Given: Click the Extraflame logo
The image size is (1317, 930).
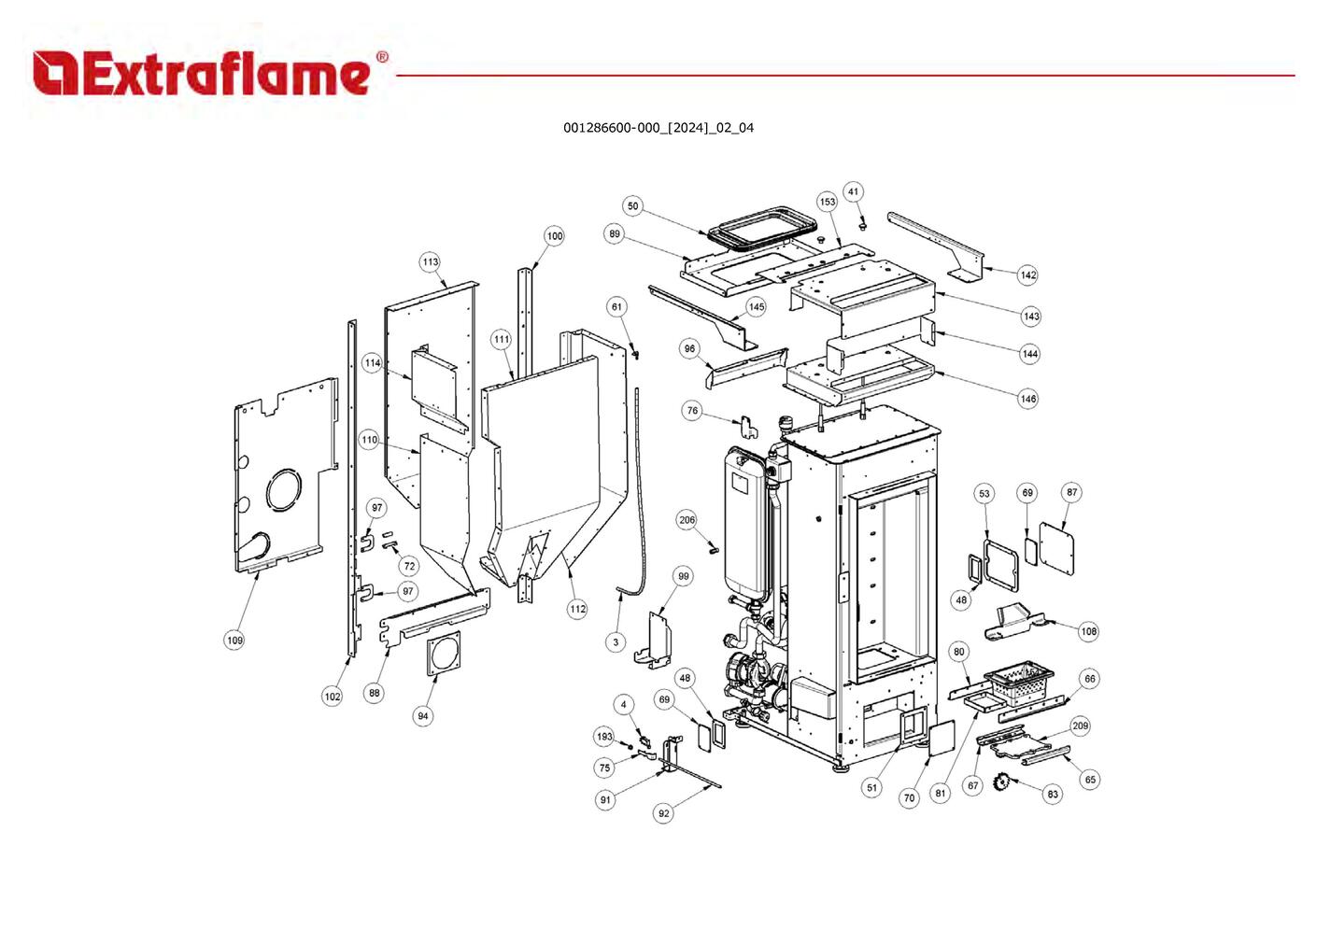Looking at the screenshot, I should tap(201, 74).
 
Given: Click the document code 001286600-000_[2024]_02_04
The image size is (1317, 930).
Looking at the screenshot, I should tap(658, 128).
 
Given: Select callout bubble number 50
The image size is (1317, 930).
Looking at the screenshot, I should tap(633, 206).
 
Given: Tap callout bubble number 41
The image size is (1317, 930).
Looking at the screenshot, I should tap(853, 192).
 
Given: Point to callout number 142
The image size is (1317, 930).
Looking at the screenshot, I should tap(1027, 275).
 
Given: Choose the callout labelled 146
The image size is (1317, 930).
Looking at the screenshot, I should tap(1027, 399).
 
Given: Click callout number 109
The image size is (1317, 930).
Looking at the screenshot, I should tap(234, 640).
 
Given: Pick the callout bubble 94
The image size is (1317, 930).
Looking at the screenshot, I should tap(423, 716).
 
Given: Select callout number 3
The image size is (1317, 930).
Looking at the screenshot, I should tap(616, 642).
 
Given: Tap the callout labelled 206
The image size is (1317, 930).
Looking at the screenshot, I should tap(687, 520).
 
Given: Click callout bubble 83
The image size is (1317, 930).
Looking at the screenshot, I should tap(1053, 794).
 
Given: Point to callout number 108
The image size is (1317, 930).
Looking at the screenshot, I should tap(1088, 631).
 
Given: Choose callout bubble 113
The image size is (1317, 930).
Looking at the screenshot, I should tap(430, 262).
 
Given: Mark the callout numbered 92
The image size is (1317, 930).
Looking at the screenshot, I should tap(663, 813).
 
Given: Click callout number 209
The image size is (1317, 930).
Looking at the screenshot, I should tap(1080, 726).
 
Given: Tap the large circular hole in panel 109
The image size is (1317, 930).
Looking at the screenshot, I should tap(284, 489).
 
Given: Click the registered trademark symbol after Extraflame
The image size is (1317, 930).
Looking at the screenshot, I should tap(382, 57).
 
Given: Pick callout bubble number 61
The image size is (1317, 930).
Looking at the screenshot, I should tap(616, 306).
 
